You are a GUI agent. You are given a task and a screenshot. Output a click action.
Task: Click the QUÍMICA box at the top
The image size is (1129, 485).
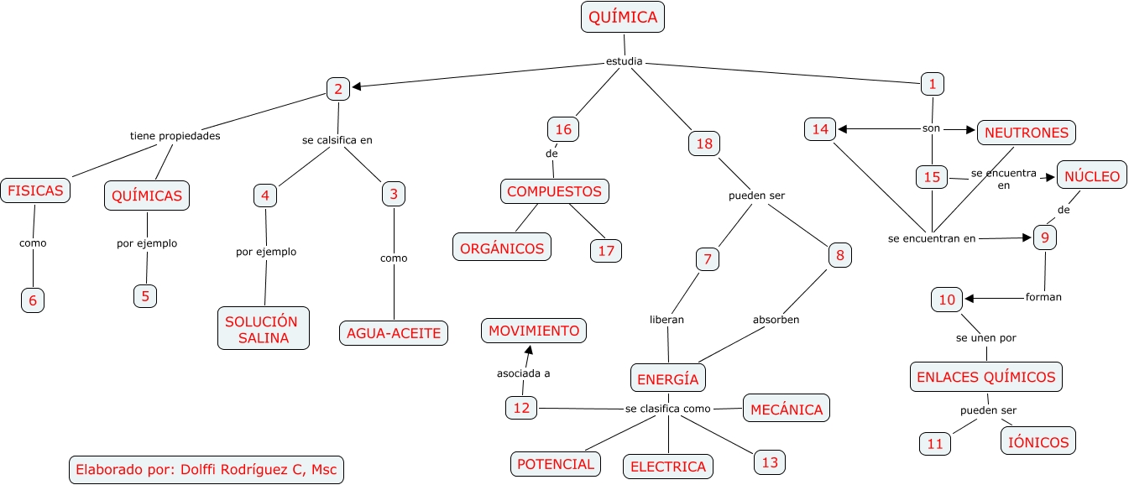click(x=623, y=17)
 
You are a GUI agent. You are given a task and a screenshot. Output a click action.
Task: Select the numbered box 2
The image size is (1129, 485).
click(x=337, y=89)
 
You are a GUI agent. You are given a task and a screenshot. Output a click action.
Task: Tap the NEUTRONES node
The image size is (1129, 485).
click(x=1027, y=132)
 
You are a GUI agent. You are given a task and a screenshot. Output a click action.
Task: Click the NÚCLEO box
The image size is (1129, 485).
click(x=1091, y=176)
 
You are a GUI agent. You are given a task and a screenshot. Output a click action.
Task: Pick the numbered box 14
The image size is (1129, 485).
click(x=820, y=129)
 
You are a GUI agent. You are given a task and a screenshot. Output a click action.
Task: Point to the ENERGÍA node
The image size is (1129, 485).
click(x=668, y=378)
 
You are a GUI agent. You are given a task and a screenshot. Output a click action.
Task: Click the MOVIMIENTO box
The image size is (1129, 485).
click(x=534, y=331)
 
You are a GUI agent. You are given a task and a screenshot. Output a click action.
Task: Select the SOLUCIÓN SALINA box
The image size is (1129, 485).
click(x=263, y=330)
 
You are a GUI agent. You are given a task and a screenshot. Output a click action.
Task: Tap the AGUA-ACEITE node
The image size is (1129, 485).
click(x=393, y=333)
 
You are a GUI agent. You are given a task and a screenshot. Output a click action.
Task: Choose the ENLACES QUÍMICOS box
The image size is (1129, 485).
click(x=986, y=377)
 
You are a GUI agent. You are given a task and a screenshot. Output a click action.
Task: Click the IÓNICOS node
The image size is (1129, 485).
click(x=1038, y=441)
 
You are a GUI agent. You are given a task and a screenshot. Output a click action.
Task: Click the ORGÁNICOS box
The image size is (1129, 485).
click(x=503, y=248)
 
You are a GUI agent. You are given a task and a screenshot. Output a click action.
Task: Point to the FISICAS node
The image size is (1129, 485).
click(x=35, y=190)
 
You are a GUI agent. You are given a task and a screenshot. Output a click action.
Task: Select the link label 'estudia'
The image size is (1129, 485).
click(x=624, y=61)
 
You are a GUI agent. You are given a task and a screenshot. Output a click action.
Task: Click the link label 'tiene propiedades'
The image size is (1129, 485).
click(x=175, y=135)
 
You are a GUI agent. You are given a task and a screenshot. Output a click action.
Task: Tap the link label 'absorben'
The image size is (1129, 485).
click(x=776, y=320)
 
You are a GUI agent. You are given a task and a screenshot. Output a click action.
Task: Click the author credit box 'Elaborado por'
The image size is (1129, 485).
click(x=206, y=469)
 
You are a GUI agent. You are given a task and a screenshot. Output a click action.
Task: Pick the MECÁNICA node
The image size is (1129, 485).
click(x=787, y=409)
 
